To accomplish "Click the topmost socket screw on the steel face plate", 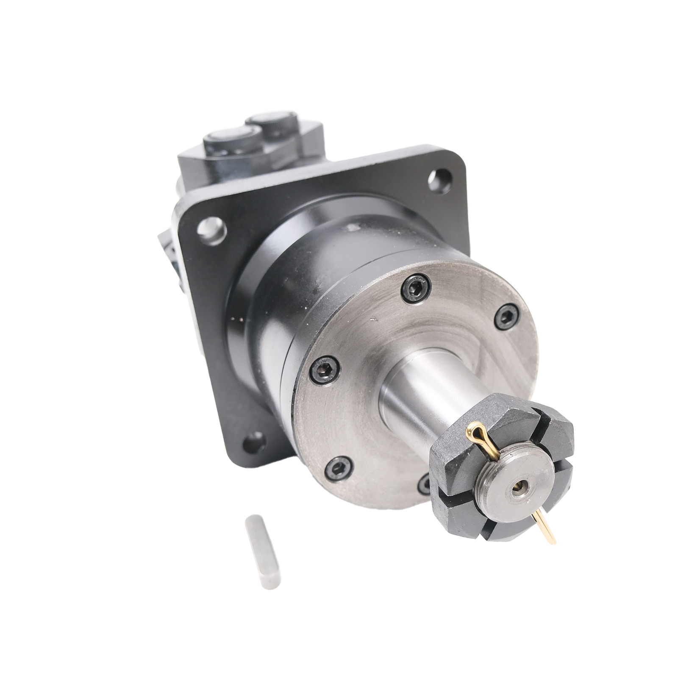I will (x=415, y=289).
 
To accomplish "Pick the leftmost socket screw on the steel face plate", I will (x=325, y=370).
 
